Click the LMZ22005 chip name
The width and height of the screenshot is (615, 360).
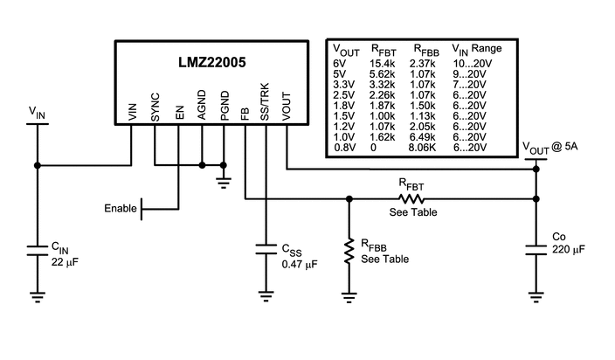coord(213,64)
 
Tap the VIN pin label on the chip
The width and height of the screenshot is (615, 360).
coord(133,112)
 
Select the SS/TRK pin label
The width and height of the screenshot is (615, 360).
coord(266,103)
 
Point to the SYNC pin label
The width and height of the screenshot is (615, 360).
coord(155,107)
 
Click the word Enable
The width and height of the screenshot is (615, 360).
coord(121,208)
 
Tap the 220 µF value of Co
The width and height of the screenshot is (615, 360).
coord(569,249)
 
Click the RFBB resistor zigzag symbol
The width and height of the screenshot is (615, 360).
coord(349,252)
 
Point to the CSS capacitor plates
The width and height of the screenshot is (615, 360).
coord(266,249)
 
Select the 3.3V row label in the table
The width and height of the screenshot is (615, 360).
coord(344,85)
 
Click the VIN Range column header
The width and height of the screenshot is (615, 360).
coord(475,50)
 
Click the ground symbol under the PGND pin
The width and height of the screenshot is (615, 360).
coord(223,183)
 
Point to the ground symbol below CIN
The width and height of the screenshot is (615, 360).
coord(38,297)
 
